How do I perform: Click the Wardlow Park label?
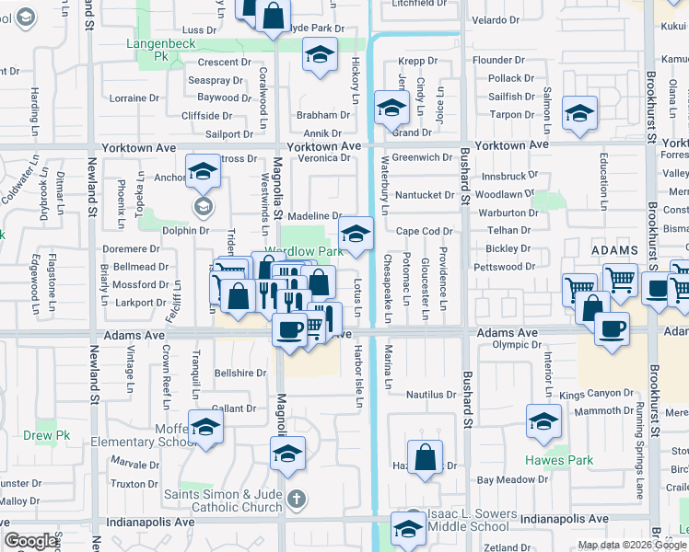pos(304,251)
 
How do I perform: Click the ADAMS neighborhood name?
pos(615,250)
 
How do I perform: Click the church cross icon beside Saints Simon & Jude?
pos(296,500)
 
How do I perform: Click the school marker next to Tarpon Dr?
pos(578,113)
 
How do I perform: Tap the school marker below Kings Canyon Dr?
pos(543,421)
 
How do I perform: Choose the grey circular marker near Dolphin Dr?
pos(204,207)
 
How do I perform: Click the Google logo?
pos(31,541)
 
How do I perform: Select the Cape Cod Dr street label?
pos(425,232)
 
